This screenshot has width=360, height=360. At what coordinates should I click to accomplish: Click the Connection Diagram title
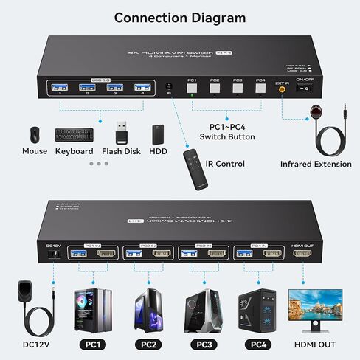(x=180, y=17)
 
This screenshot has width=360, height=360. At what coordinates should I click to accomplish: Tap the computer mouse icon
(x=34, y=135)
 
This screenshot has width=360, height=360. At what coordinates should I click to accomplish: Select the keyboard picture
(x=74, y=136)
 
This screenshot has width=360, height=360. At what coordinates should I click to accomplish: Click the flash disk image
(x=122, y=133)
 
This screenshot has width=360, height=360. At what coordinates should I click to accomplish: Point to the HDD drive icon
(x=158, y=134)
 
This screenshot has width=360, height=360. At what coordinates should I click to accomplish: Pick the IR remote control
(x=195, y=162)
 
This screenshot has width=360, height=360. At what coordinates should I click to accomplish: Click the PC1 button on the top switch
(x=192, y=88)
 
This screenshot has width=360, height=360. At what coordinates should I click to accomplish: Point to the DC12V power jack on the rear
(x=52, y=254)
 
